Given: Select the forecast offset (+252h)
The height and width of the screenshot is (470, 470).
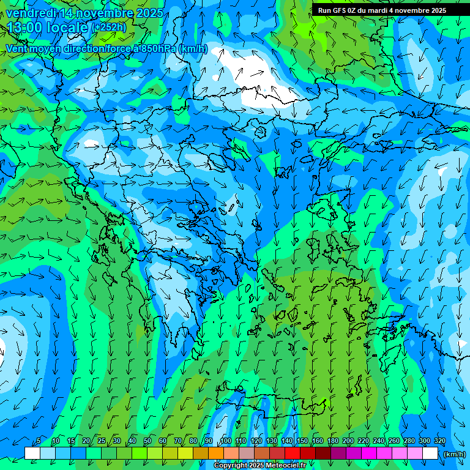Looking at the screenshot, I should coord(109,28).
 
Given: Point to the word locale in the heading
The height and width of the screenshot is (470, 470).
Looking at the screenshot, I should coord(67,28).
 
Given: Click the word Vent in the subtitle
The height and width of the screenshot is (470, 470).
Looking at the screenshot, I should coord(17,49).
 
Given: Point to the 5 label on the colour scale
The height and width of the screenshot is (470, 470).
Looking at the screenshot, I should coord(39,441).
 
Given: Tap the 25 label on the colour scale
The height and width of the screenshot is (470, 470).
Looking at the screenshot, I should coord(102,441).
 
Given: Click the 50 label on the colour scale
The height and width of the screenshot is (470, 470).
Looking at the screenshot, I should coord(147,441).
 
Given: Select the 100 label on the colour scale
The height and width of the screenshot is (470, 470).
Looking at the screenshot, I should coord(226,441).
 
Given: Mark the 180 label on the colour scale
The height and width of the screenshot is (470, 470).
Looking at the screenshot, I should coord(333,441).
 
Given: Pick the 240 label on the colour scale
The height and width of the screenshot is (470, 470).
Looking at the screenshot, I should coord(379,441).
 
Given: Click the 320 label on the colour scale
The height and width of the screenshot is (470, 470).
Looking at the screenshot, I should coord(440,441).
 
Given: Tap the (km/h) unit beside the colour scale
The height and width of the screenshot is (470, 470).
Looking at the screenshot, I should coord(453,454).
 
